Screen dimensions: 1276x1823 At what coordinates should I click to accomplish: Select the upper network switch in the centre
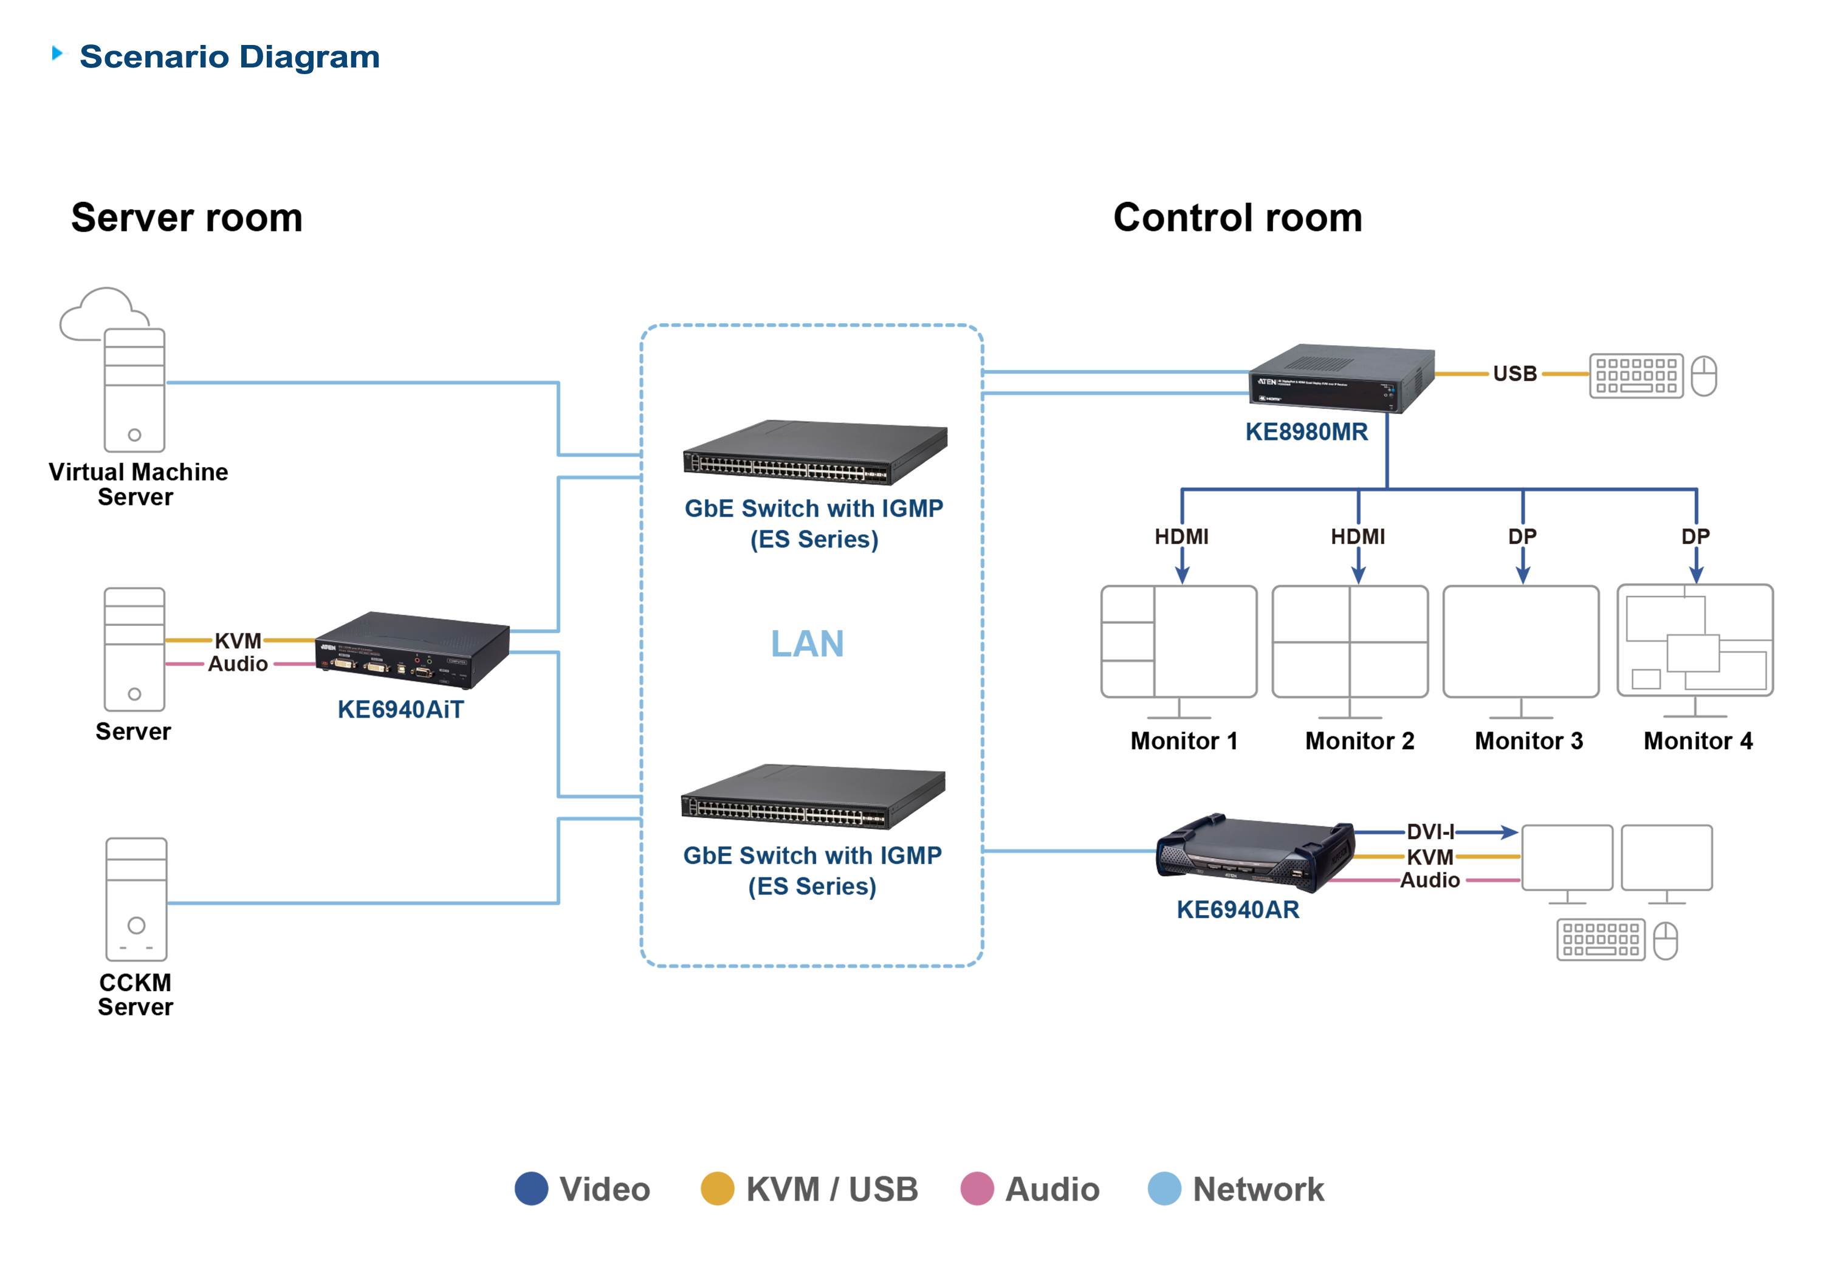point(814,453)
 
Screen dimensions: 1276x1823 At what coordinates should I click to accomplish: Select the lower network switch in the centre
point(811,797)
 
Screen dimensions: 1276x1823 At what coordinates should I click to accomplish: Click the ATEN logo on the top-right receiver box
point(1266,382)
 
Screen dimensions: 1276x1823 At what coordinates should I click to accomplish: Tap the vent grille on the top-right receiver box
point(1318,364)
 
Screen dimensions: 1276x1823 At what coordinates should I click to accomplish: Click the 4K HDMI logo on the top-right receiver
point(1271,398)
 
